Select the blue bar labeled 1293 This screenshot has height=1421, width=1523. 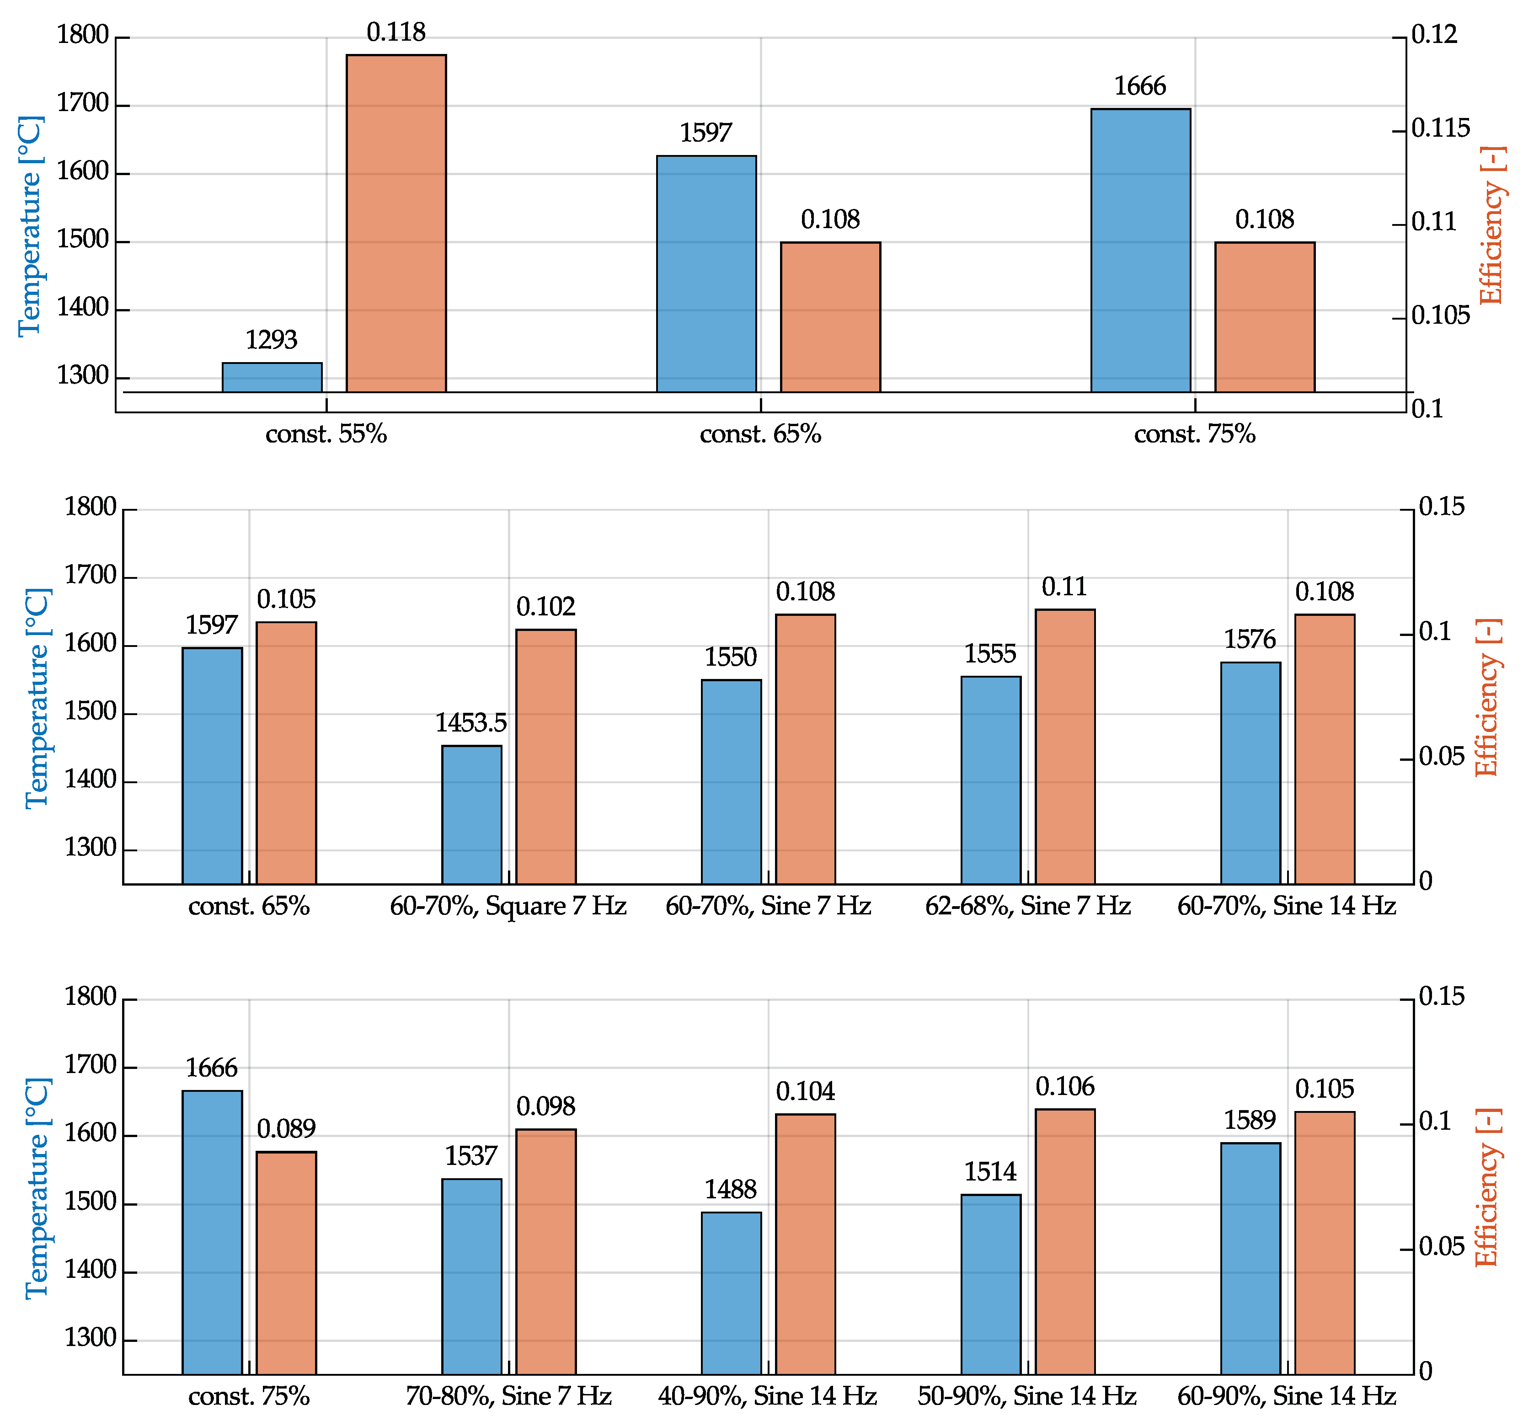click(x=272, y=378)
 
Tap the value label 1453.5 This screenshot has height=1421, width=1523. click(x=471, y=722)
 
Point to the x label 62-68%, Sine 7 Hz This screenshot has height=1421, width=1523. click(x=1027, y=906)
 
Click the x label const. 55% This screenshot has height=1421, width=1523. click(x=326, y=434)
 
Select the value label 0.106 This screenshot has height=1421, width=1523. click(x=1065, y=1086)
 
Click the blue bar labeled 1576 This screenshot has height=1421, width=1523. click(x=1250, y=773)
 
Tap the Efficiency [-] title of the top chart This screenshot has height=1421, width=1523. click(x=1491, y=225)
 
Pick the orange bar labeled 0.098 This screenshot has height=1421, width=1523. click(x=545, y=1252)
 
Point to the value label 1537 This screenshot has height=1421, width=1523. click(x=471, y=1156)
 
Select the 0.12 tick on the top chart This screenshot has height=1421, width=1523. click(x=1434, y=34)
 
